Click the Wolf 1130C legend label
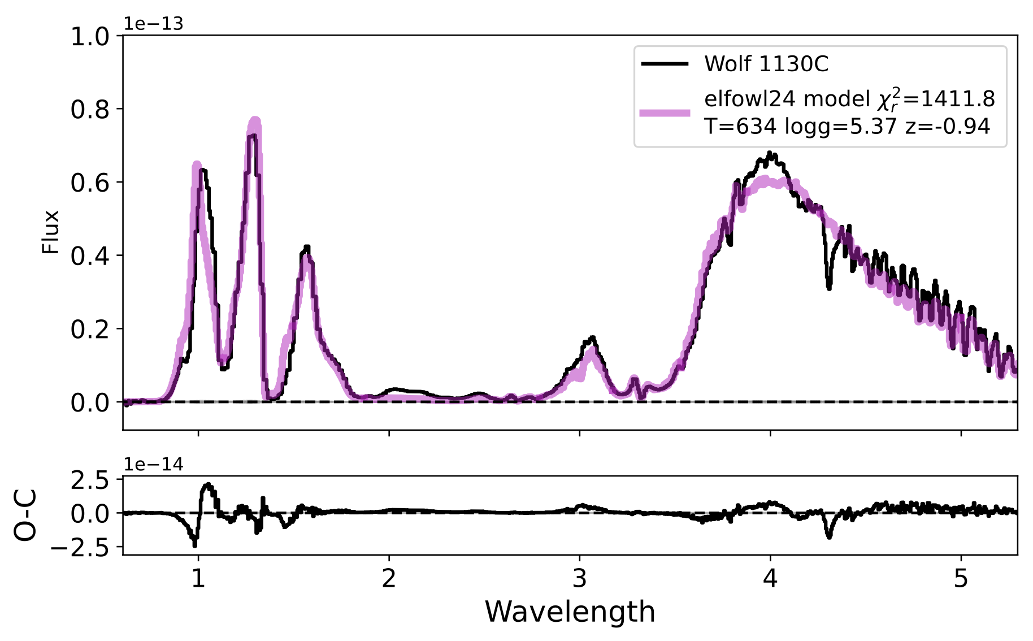pyautogui.click(x=766, y=64)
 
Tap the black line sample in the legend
pyautogui.click(x=665, y=64)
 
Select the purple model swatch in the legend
pyautogui.click(x=665, y=112)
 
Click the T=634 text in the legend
pyautogui.click(x=740, y=126)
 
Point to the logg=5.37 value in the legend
pyautogui.click(x=841, y=126)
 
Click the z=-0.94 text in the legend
pyautogui.click(x=948, y=126)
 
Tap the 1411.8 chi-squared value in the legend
pyautogui.click(x=957, y=99)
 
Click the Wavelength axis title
pyautogui.click(x=570, y=612)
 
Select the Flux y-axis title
pyautogui.click(x=51, y=232)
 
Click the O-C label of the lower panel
pyautogui.click(x=26, y=515)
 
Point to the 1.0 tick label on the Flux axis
pyautogui.click(x=90, y=37)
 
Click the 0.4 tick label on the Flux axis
pyautogui.click(x=90, y=255)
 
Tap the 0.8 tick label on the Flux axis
pyautogui.click(x=90, y=110)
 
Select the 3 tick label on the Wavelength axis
pyautogui.click(x=579, y=579)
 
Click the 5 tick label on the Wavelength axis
pyautogui.click(x=961, y=579)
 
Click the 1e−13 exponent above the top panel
pyautogui.click(x=153, y=24)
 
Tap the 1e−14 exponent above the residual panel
pyautogui.click(x=153, y=465)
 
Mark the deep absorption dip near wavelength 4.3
pyautogui.click(x=829, y=288)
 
